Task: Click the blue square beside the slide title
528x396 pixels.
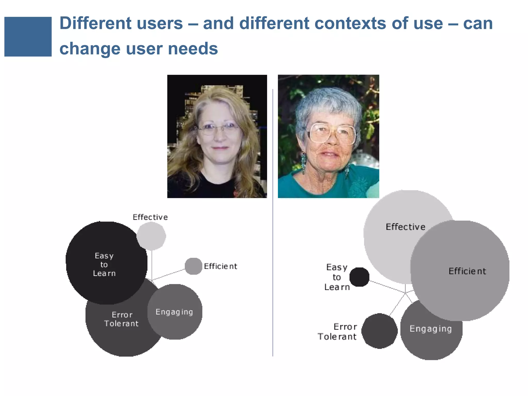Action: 28,37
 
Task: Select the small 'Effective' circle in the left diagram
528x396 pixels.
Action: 151,236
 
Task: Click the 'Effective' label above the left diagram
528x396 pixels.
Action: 150,217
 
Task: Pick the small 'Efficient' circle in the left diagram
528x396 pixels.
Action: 193,266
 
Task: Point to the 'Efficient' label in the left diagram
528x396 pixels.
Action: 220,266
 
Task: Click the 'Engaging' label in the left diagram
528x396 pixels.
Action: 174,312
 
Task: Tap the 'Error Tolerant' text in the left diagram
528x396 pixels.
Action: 121,319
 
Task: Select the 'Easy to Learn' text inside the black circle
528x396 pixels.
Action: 104,265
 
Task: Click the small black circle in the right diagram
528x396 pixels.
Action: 359,277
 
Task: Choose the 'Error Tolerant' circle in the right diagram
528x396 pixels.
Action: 379,331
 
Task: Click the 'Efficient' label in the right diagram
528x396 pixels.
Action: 467,271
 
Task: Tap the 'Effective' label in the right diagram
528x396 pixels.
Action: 405,227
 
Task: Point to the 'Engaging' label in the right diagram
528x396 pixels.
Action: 431,329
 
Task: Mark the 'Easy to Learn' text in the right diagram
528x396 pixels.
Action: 337,277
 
